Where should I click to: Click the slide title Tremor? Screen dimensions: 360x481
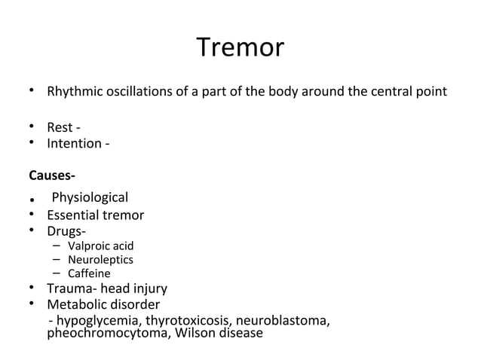[240, 48]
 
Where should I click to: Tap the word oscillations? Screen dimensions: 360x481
[133, 93]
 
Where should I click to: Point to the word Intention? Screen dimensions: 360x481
[73, 142]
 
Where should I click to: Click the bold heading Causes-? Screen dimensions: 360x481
[52, 175]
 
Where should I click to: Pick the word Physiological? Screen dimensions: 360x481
[90, 198]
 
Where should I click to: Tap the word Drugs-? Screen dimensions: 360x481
[66, 230]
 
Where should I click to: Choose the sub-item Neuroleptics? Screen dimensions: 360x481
[100, 260]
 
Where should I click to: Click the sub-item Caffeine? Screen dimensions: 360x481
[89, 273]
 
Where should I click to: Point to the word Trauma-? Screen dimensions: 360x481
[72, 288]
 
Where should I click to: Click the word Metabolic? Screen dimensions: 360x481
[78, 304]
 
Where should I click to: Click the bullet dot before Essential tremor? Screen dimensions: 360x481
[32, 215]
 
